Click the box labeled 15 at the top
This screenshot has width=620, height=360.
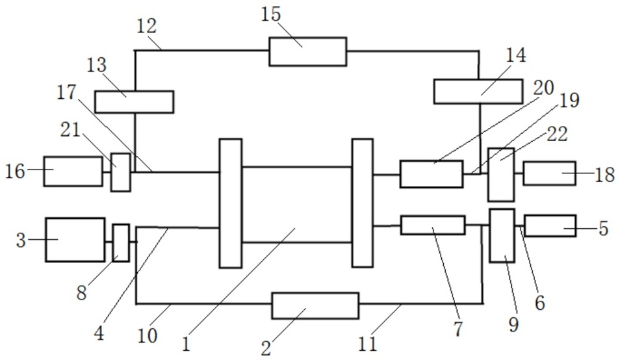[x=307, y=51]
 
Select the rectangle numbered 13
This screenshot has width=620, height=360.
[x=134, y=102]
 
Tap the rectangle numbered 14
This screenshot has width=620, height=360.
[x=478, y=91]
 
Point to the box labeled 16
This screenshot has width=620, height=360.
[x=72, y=172]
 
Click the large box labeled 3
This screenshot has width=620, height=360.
[x=75, y=240]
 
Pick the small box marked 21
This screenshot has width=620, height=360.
[x=120, y=172]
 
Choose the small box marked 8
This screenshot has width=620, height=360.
[x=121, y=242]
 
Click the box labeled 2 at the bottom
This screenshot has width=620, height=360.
[x=315, y=305]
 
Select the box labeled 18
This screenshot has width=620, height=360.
[x=549, y=173]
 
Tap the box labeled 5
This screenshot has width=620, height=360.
[x=550, y=225]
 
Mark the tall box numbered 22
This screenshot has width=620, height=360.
[x=500, y=174]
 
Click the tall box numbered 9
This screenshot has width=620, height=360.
[x=502, y=235]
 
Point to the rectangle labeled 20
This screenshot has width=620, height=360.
[x=432, y=174]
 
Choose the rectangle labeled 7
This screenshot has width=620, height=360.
[x=432, y=225]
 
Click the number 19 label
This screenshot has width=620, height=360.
[x=568, y=100]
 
